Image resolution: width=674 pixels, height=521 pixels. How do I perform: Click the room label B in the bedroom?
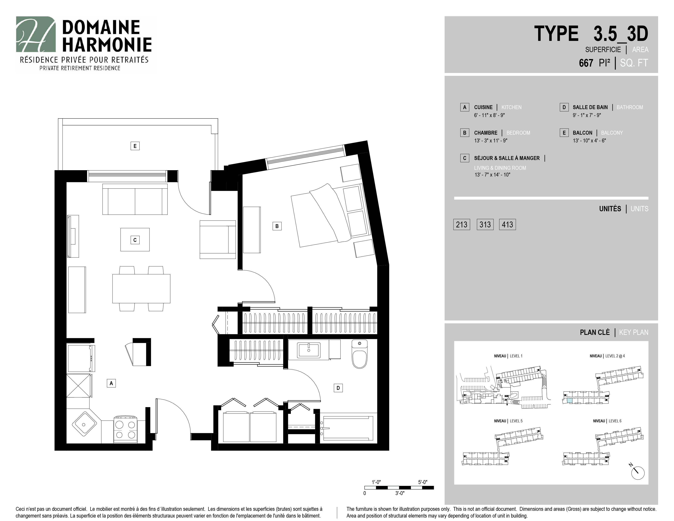coord(277,226)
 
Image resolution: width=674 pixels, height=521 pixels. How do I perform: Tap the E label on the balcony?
coord(135,146)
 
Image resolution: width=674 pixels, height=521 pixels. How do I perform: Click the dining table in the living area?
coord(141,288)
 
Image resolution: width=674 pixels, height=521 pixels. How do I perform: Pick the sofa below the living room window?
coord(135,199)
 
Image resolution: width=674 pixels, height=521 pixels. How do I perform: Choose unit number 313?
coord(485,224)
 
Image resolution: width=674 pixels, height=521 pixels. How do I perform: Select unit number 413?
coord(507,224)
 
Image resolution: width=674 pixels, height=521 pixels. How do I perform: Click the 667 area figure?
coord(586,63)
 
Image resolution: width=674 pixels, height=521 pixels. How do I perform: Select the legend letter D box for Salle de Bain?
coord(564,107)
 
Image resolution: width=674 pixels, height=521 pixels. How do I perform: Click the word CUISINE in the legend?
coord(483,107)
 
